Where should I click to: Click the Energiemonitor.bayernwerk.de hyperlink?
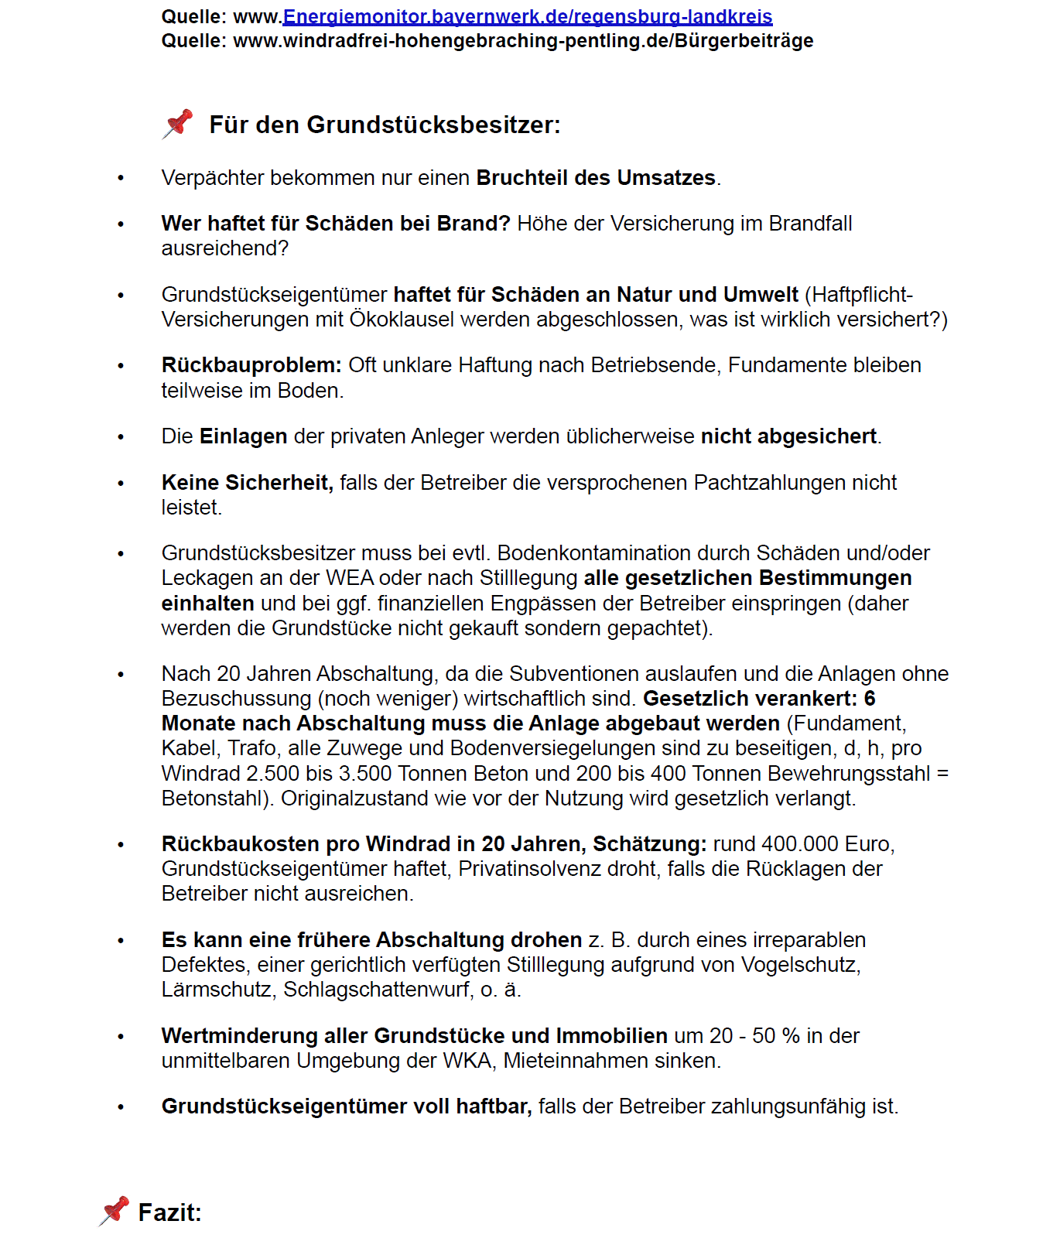tap(528, 16)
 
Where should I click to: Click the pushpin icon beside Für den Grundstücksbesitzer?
tap(178, 124)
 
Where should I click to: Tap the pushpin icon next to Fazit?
tap(115, 1211)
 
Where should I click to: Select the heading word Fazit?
tap(169, 1212)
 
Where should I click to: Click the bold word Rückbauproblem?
tap(251, 365)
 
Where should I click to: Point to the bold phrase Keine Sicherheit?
tap(247, 483)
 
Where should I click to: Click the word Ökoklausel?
tap(402, 320)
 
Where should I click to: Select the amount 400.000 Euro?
tap(828, 844)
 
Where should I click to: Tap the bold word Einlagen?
tap(243, 436)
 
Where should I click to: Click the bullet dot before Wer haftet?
tap(121, 224)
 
